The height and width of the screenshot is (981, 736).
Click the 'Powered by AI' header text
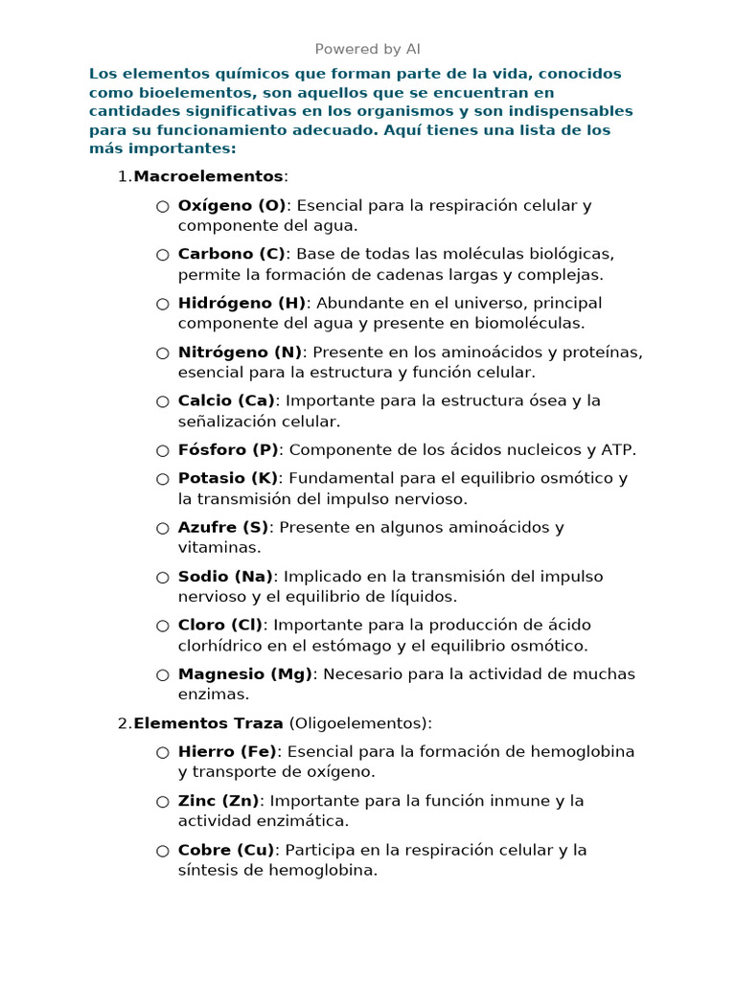click(x=368, y=49)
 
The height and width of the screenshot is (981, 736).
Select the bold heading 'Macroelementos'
click(x=208, y=176)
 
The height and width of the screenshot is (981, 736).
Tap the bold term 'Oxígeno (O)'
click(x=232, y=205)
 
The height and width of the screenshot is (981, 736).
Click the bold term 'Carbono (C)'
click(x=232, y=254)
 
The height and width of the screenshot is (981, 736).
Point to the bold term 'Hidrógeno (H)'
click(x=242, y=303)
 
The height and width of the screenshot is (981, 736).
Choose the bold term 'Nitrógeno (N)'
click(x=241, y=352)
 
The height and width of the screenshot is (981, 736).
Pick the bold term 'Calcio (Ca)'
click(x=226, y=400)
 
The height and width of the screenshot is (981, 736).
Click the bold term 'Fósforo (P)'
click(x=227, y=449)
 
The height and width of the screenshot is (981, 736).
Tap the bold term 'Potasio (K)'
click(x=228, y=478)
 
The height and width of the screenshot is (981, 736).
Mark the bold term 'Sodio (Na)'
click(x=225, y=577)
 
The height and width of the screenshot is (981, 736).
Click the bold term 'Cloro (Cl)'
click(x=220, y=626)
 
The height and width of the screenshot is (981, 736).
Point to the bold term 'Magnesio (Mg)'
click(x=245, y=674)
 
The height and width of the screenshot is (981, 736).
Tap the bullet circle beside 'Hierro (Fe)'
click(x=163, y=752)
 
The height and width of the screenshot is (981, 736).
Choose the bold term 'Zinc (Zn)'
click(x=219, y=801)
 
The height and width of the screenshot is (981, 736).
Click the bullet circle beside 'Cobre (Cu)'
click(x=163, y=851)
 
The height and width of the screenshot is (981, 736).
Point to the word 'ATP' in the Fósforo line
click(x=617, y=449)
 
